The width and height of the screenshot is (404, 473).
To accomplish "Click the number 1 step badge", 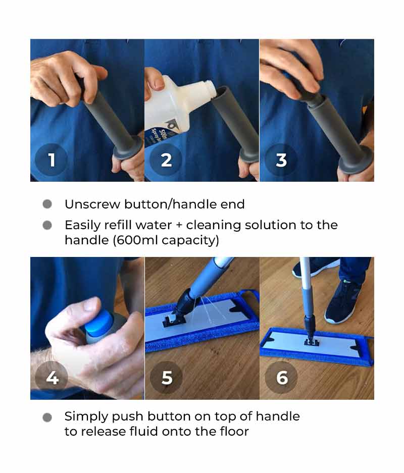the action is click(x=52, y=160).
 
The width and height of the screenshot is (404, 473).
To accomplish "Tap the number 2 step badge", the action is click(x=166, y=160).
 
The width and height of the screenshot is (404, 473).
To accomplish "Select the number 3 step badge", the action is click(x=281, y=160).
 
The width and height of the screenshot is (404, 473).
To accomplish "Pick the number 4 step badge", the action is click(x=52, y=378).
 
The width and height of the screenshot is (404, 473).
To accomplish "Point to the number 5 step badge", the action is click(x=166, y=378).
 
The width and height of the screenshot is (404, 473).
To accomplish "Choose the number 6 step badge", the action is click(x=281, y=378).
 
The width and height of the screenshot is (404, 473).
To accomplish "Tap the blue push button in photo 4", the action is click(x=98, y=323).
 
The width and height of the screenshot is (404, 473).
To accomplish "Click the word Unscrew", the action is click(x=92, y=204).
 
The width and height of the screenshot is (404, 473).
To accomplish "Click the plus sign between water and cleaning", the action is click(x=179, y=225).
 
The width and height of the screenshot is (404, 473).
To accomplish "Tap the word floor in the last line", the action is click(x=234, y=432).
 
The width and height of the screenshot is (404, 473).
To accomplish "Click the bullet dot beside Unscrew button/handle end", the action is click(x=47, y=204).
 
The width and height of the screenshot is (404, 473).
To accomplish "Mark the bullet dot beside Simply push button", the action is click(x=47, y=417).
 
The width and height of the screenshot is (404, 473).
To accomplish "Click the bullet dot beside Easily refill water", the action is click(x=47, y=225).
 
